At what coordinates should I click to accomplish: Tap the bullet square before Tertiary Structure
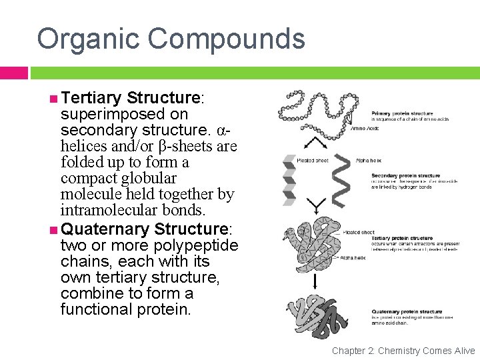(53, 99)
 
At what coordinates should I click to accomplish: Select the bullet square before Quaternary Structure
(53, 229)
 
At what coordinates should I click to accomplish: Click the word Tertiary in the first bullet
(90, 98)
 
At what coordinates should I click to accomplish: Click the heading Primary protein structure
(402, 114)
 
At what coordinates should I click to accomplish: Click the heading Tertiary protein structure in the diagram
(403, 238)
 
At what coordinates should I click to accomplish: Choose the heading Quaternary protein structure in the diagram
(407, 311)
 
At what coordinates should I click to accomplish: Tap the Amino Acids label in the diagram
(364, 128)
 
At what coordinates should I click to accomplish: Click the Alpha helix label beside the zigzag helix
(369, 161)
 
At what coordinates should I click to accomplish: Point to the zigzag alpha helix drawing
(340, 176)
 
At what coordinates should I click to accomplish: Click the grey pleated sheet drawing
(289, 177)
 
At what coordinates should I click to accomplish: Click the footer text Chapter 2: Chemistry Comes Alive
(403, 351)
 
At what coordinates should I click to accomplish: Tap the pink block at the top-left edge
(13, 72)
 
